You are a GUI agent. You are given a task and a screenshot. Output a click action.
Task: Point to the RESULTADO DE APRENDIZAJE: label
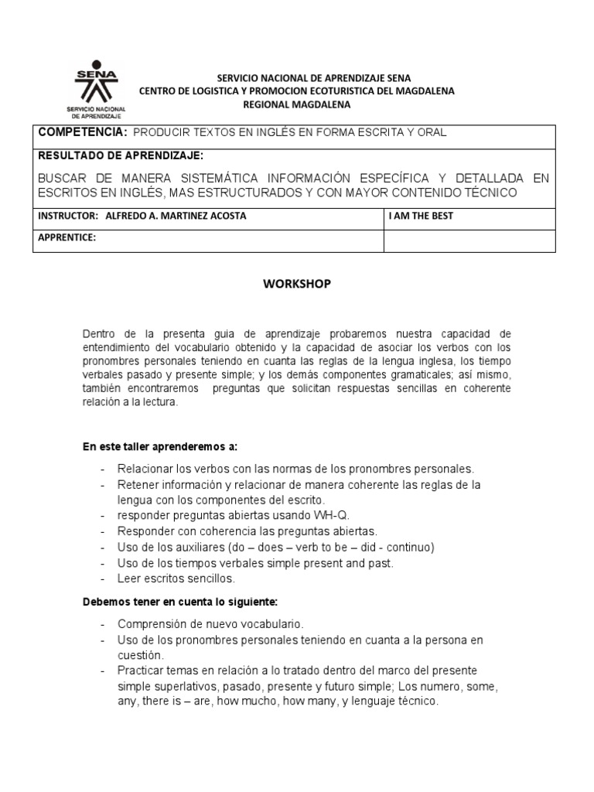(x=121, y=155)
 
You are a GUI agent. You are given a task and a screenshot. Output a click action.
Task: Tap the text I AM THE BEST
(x=421, y=216)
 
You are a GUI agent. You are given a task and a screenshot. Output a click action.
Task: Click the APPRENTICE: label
(x=67, y=237)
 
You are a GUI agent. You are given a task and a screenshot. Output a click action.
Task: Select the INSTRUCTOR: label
(x=68, y=216)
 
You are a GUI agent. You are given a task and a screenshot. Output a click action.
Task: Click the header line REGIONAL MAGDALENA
(x=297, y=104)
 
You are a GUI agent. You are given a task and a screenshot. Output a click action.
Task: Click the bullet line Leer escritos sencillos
(x=176, y=578)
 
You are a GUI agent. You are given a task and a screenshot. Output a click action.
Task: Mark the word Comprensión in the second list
(x=152, y=623)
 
